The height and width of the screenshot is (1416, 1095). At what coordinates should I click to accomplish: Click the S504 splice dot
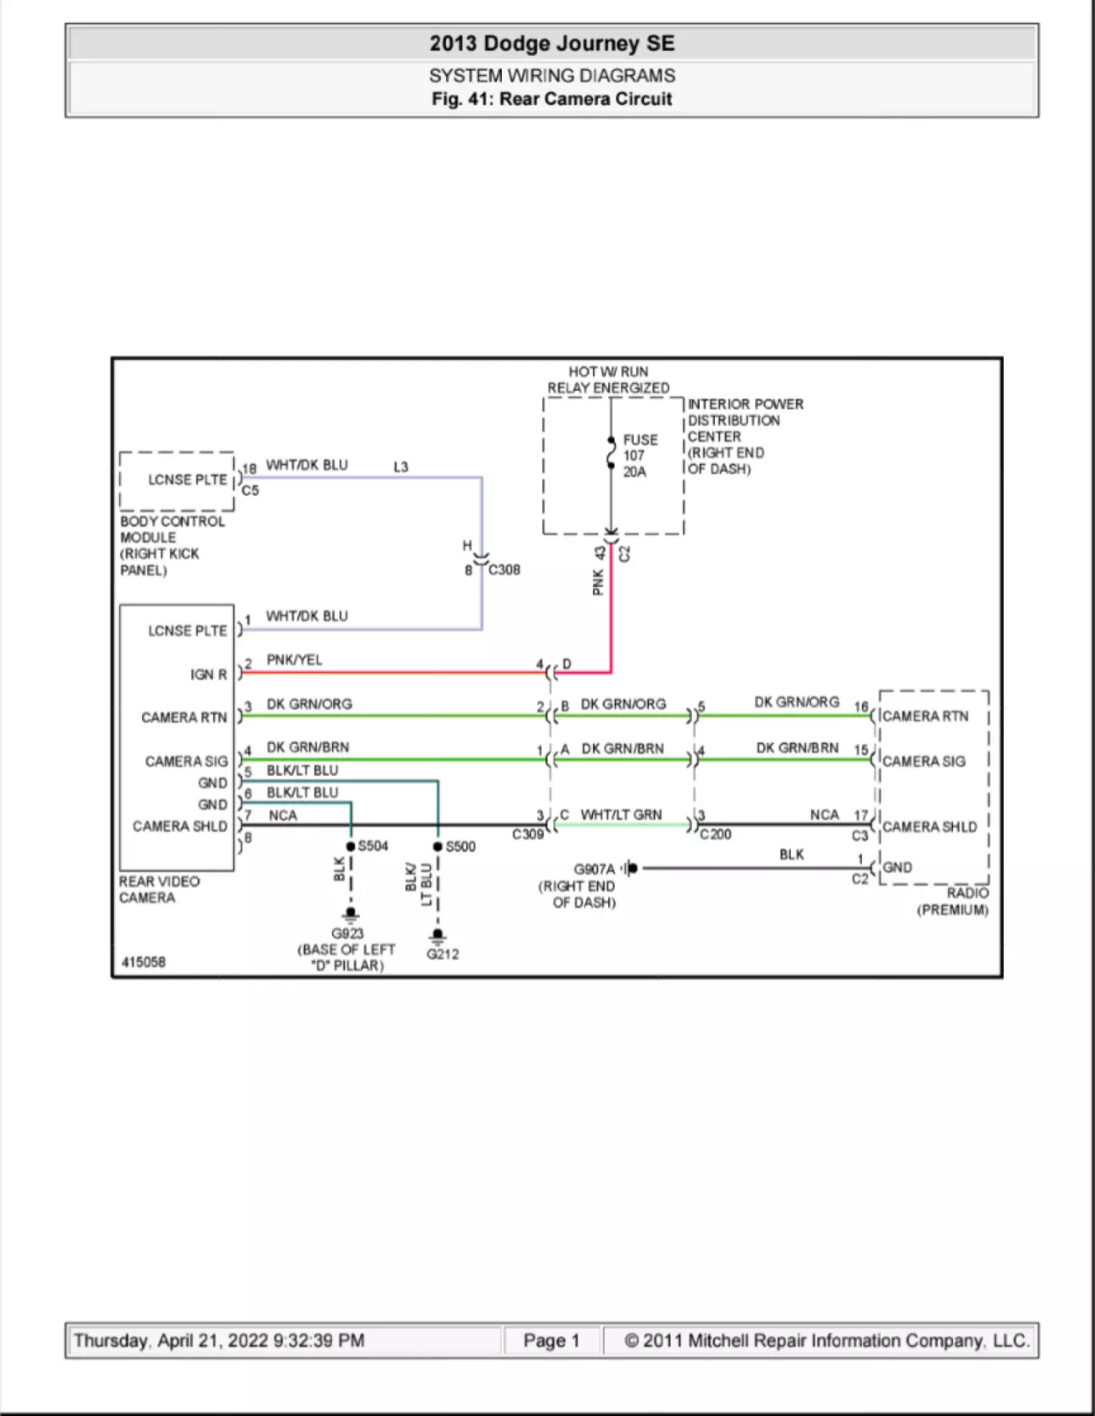point(351,846)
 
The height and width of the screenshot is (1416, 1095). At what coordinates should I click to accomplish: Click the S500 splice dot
point(438,846)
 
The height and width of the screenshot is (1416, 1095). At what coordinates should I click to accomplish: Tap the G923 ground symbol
point(350,916)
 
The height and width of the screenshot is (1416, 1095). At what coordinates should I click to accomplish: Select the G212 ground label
point(443,954)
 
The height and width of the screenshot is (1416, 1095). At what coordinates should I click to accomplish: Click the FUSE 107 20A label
point(639,456)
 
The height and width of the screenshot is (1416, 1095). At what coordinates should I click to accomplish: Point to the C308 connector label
point(504,570)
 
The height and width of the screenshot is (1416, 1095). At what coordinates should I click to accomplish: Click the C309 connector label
point(527,834)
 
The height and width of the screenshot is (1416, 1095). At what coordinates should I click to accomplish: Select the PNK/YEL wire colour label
point(294,659)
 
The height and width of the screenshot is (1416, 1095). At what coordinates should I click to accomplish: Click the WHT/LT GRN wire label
point(621,815)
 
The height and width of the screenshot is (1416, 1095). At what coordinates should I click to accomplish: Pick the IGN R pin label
point(209,675)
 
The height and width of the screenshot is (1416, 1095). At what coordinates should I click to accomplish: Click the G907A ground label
point(594,869)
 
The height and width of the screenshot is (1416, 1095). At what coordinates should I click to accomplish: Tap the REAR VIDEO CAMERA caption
point(159,889)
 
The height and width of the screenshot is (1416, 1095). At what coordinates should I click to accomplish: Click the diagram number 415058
point(144,962)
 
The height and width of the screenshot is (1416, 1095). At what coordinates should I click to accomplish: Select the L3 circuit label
point(400,467)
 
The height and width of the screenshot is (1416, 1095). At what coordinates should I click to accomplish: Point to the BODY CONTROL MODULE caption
point(172,545)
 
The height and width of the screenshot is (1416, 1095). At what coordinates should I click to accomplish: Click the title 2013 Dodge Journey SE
point(552,43)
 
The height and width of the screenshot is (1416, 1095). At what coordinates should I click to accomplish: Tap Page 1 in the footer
point(552,1340)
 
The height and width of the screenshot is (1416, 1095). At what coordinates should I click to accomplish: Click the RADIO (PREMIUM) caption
point(952,901)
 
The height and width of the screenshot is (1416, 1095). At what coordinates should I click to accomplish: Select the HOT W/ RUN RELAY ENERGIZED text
point(608,380)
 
